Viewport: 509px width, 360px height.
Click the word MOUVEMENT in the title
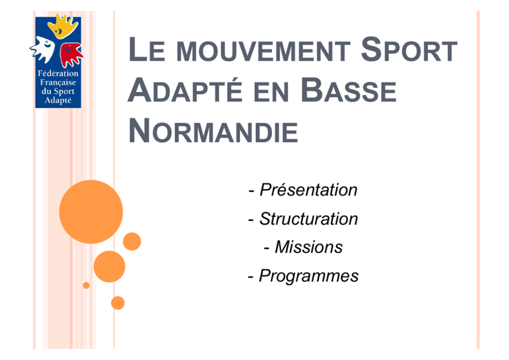click(x=263, y=51)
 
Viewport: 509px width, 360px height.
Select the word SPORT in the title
click(x=409, y=49)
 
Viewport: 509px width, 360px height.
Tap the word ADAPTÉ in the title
click(x=185, y=90)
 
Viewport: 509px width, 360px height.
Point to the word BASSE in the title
click(x=348, y=90)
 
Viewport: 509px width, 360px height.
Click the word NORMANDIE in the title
click(x=213, y=130)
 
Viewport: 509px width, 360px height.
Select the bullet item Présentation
click(x=303, y=190)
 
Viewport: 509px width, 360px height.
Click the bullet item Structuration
click(x=303, y=219)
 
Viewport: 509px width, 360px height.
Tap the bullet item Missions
click(x=303, y=247)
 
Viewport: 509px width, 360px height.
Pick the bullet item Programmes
click(x=303, y=276)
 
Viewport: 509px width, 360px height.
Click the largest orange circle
click(x=91, y=212)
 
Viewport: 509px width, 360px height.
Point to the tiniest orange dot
click(x=86, y=285)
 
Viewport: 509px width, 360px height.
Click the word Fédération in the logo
click(x=58, y=73)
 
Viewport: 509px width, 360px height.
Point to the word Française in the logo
click(x=58, y=83)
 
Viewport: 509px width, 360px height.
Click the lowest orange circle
click(x=118, y=303)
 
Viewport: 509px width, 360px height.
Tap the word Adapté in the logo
click(x=58, y=100)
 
